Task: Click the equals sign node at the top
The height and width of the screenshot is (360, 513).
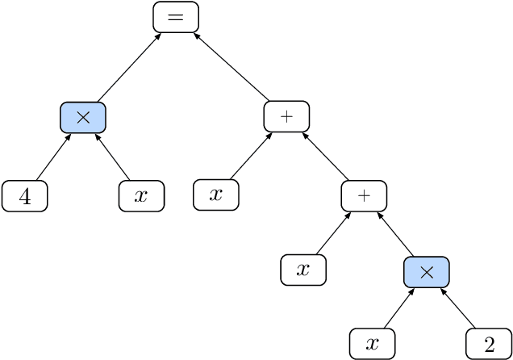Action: (x=176, y=18)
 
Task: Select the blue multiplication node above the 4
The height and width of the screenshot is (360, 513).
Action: (x=83, y=118)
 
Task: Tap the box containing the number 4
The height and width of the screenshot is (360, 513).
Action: (x=25, y=196)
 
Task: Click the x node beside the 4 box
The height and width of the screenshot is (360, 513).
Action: (x=141, y=196)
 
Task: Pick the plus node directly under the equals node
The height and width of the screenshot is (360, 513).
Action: (x=286, y=118)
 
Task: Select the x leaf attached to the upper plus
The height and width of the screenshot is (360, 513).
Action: (x=215, y=195)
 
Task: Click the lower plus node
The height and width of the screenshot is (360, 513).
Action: (x=364, y=195)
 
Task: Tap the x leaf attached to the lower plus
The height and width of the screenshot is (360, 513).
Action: (x=303, y=270)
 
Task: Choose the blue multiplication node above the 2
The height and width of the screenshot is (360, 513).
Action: (x=427, y=272)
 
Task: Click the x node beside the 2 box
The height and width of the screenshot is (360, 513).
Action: (x=372, y=345)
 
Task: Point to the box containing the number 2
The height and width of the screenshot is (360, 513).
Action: (x=489, y=345)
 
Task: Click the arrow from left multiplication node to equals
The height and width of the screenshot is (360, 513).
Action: (x=129, y=68)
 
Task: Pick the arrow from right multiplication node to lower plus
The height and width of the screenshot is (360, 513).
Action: (x=395, y=234)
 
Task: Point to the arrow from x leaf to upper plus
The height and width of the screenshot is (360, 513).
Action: (x=251, y=157)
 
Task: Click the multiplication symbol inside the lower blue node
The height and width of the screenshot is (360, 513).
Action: (x=427, y=272)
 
